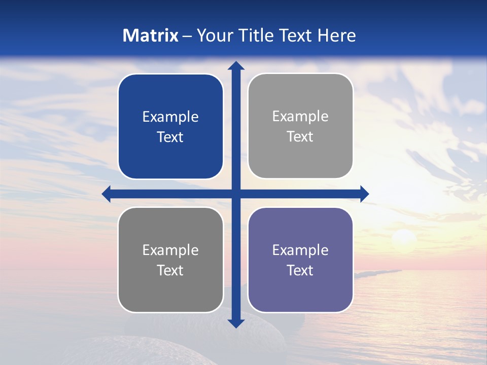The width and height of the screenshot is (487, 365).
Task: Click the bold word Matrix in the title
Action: pos(151,35)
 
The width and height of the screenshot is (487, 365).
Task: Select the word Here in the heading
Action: pos(337,35)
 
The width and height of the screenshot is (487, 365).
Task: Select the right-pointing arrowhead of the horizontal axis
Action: pos(364,194)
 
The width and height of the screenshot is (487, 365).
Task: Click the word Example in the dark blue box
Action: pos(170,117)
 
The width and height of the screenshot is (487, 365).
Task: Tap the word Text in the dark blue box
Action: pos(170,137)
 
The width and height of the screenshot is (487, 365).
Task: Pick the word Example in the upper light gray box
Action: pos(300,116)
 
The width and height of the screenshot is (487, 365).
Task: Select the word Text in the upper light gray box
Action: pos(300,136)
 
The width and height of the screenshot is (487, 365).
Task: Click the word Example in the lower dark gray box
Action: pos(170,250)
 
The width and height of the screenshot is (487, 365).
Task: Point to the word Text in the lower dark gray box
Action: pos(170,270)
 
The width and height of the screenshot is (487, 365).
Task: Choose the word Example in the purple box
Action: pos(300,250)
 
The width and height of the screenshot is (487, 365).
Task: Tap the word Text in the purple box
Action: pos(300,270)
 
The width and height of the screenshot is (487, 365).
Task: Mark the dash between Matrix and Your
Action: pos(187,36)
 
